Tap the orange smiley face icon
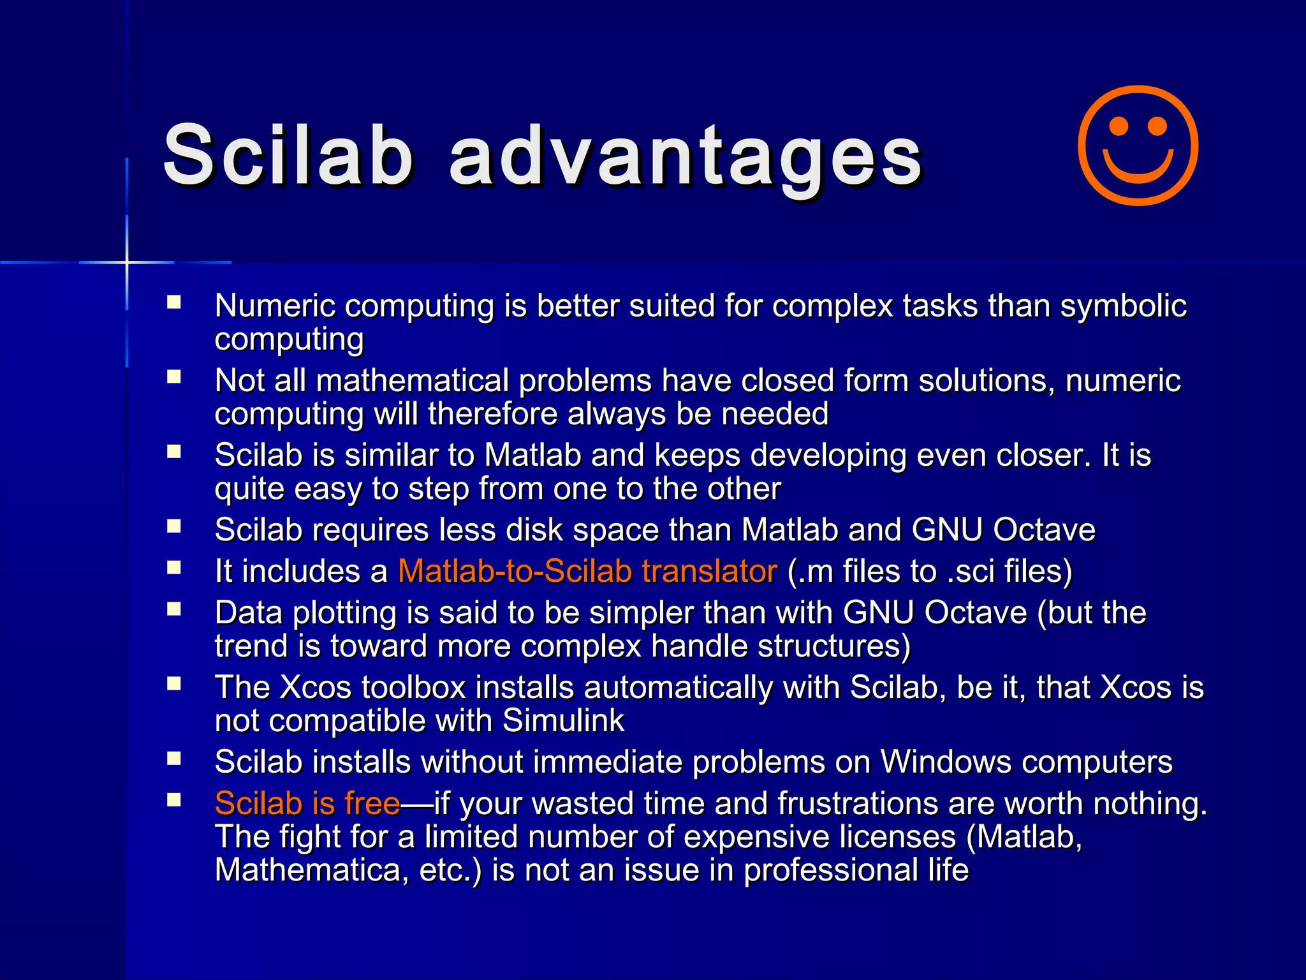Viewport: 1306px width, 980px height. coord(1138,145)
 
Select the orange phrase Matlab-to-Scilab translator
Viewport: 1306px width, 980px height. coord(587,571)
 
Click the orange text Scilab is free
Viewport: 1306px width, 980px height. coord(307,803)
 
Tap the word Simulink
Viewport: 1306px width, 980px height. coord(563,721)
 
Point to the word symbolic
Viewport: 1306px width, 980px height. coord(1123,306)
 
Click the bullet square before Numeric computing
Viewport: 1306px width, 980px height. coord(174,302)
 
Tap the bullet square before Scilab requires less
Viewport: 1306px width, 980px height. coord(174,526)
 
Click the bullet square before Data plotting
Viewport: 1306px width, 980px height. coord(174,609)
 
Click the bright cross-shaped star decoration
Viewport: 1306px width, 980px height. coord(127,262)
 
